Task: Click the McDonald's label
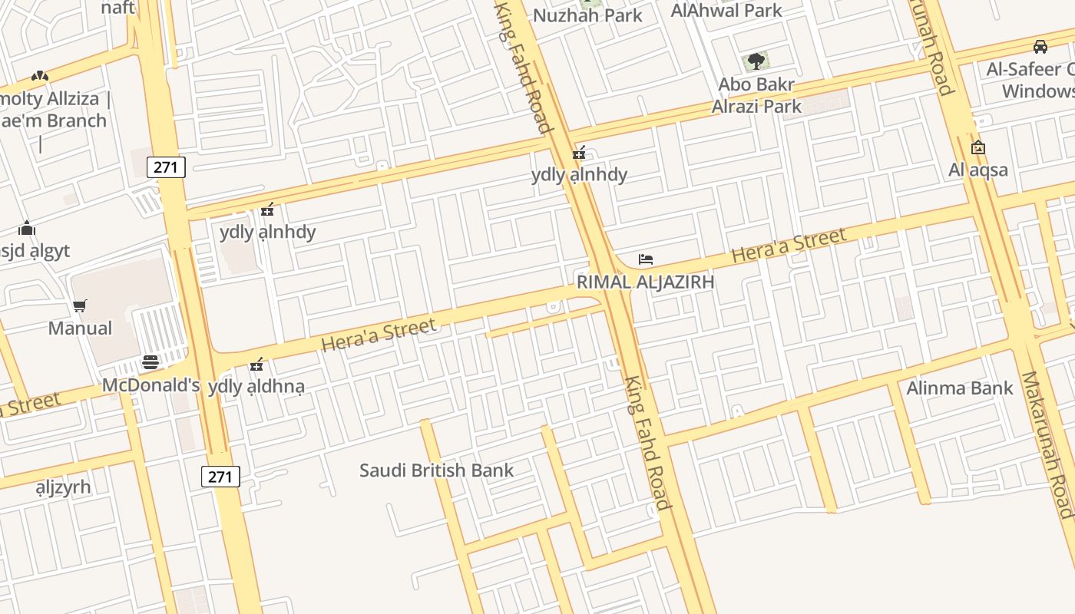151,385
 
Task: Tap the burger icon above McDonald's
150,362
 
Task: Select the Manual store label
80,328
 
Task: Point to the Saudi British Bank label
436,470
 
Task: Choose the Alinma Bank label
960,388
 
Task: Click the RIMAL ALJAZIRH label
645,282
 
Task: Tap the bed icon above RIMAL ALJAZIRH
646,259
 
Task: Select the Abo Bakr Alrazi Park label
756,95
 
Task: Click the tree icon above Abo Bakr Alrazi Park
756,61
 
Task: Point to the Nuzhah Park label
587,15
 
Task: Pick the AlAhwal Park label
726,10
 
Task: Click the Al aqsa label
978,170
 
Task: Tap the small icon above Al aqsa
978,147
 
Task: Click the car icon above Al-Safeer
1040,47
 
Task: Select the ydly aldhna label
256,386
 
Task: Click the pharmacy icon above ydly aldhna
257,364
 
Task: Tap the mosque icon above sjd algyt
28,229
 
